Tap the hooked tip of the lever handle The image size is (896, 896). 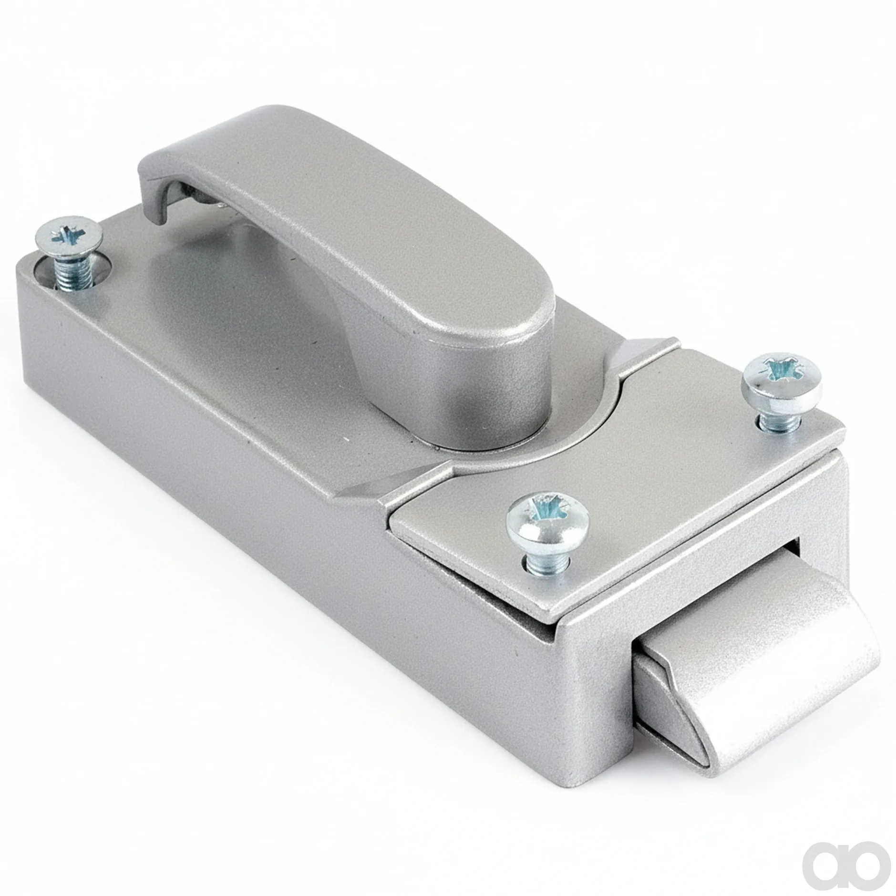(x=157, y=191)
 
